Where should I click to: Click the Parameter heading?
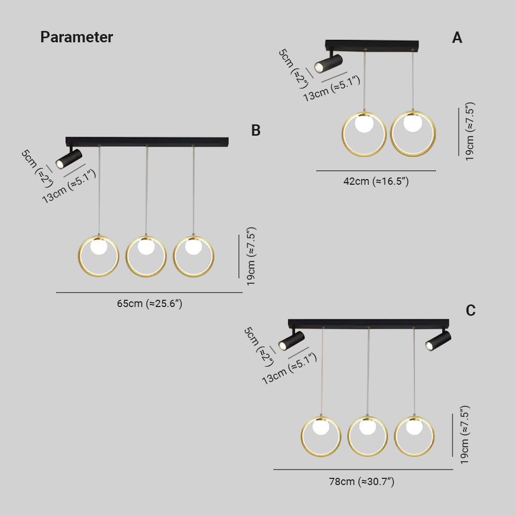[x=76, y=37]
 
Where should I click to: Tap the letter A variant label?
[x=457, y=38]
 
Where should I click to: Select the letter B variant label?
[x=256, y=131]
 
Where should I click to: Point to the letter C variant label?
[x=471, y=311]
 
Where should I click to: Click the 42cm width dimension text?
[x=376, y=181]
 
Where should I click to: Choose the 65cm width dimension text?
[x=149, y=303]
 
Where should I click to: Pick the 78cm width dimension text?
[x=362, y=481]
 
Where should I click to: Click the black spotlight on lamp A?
[x=328, y=63]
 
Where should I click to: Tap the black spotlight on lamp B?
[x=69, y=158]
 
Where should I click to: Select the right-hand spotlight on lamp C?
[x=439, y=341]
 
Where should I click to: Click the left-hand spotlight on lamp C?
[x=292, y=341]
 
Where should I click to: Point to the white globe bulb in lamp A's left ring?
[x=364, y=124]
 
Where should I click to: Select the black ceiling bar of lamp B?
[x=147, y=141]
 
